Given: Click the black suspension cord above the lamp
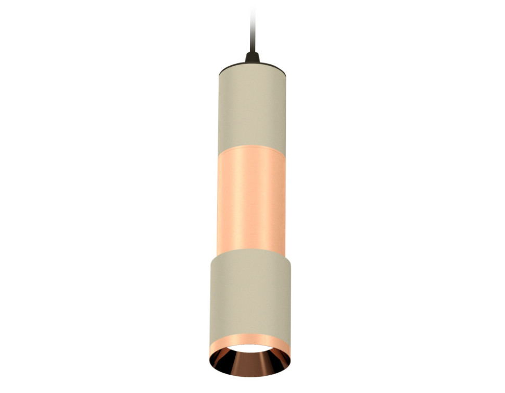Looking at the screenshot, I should [x=251, y=31].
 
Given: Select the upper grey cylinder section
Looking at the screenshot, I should [x=251, y=109].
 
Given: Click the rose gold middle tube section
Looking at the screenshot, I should [x=251, y=201].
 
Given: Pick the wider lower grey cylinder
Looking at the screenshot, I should [x=252, y=292].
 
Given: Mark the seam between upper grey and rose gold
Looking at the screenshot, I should [x=251, y=152].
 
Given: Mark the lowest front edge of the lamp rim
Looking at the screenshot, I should [x=252, y=376].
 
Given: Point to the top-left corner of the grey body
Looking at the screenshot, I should [x=219, y=70].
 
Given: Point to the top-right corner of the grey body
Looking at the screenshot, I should [x=285, y=70].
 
